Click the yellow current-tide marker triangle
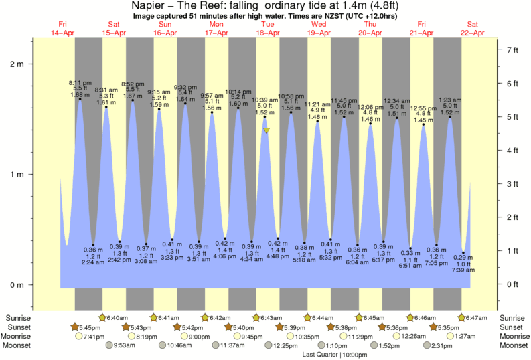click(266, 130)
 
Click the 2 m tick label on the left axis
click(17, 64)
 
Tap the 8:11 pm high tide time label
click(80, 82)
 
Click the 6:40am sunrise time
click(117, 317)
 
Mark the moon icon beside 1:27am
click(450, 336)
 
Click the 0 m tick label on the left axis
click(17, 284)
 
